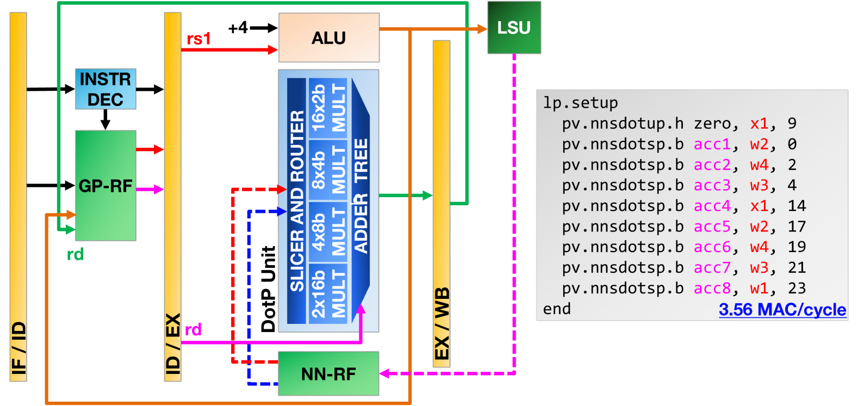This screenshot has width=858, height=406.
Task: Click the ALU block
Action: [329, 38]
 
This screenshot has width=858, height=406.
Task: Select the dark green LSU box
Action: [514, 28]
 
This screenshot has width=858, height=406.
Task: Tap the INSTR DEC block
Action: [105, 89]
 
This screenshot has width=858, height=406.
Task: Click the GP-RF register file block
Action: [105, 186]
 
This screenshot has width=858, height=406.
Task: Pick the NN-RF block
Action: [328, 373]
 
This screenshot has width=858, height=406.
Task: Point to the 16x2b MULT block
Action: [328, 108]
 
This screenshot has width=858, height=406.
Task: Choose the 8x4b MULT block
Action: [328, 170]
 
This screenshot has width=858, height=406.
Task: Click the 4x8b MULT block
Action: [328, 232]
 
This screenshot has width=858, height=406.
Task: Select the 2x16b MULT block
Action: [328, 294]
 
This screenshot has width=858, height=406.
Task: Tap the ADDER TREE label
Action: [360, 196]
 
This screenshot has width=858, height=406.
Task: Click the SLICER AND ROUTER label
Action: [297, 201]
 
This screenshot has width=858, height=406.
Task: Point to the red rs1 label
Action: [198, 39]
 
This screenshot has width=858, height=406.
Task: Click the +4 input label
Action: [238, 28]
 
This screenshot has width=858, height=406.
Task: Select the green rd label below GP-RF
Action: [75, 254]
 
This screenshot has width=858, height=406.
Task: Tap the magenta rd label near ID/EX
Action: [193, 329]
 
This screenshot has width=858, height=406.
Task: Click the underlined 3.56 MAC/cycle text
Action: [782, 309]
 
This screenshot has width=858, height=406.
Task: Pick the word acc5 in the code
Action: [712, 226]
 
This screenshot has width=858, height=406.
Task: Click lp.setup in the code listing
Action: [580, 103]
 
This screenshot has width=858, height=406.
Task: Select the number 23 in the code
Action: [797, 288]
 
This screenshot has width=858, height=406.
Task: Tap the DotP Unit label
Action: [268, 289]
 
